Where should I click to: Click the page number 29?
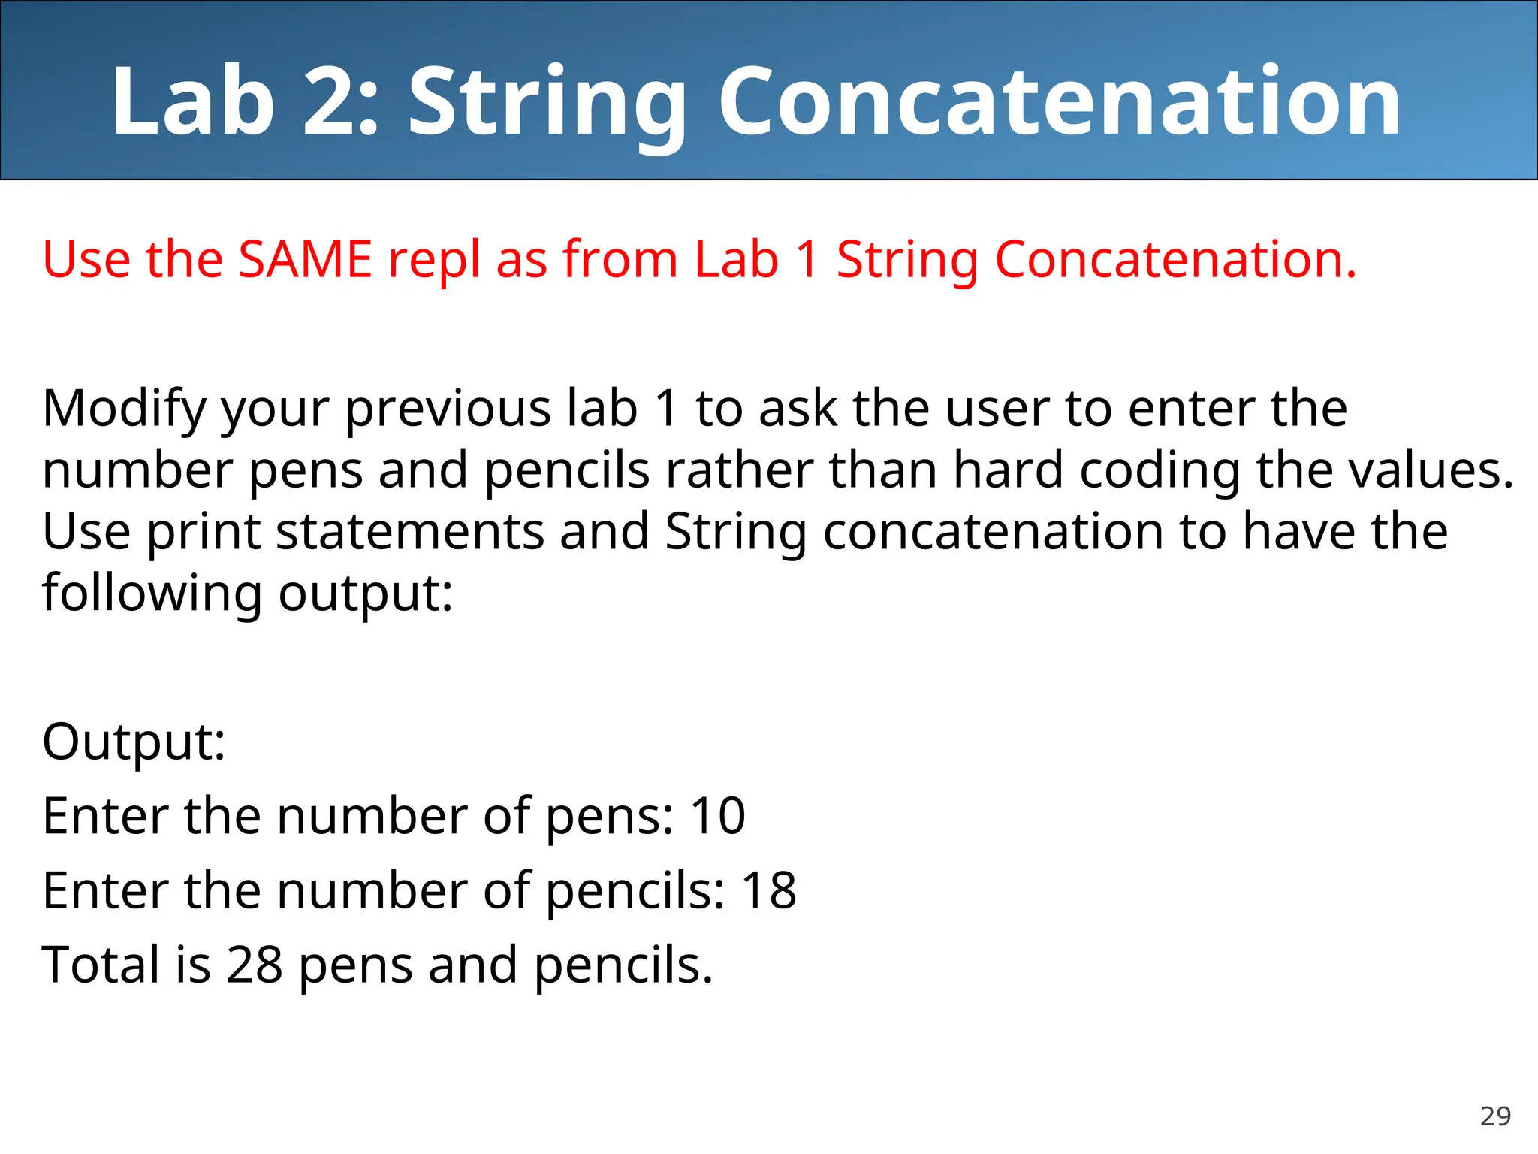1495,1116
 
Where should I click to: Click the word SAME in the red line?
305,260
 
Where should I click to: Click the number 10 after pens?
717,816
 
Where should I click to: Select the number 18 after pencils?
768,891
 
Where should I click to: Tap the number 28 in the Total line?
254,965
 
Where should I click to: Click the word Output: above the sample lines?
134,742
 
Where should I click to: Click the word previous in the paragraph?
448,410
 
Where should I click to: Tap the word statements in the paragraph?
410,532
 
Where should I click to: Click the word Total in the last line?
101,965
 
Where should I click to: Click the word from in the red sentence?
620,260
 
